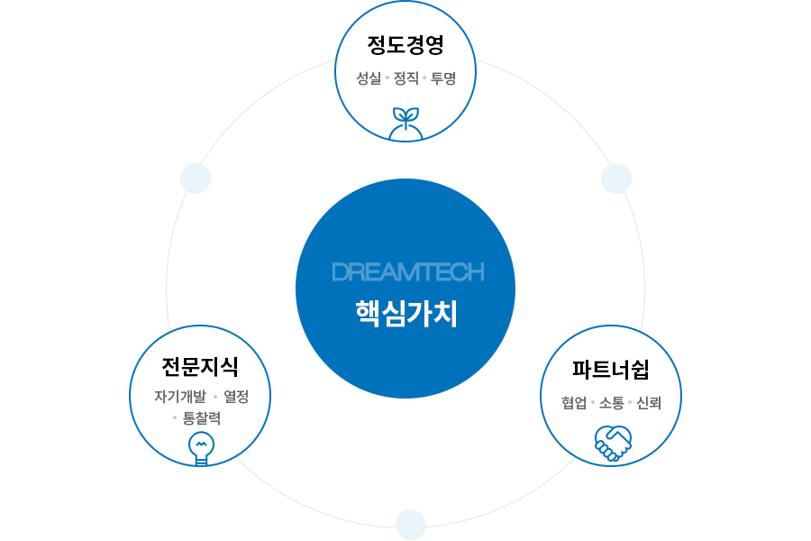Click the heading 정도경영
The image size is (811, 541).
(x=405, y=45)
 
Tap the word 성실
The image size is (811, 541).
(x=369, y=78)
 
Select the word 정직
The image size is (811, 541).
(x=406, y=78)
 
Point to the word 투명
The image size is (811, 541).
(x=442, y=78)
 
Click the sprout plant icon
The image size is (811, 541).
(x=405, y=124)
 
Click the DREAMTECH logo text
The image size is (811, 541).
(x=407, y=271)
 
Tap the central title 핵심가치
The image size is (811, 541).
(x=406, y=313)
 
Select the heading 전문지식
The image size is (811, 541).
(x=200, y=366)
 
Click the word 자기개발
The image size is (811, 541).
(x=180, y=397)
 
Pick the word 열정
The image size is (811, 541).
(x=236, y=397)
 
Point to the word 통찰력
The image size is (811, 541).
(x=201, y=418)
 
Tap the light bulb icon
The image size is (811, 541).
(x=200, y=447)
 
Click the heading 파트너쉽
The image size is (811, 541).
(x=611, y=370)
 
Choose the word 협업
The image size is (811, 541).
(x=574, y=403)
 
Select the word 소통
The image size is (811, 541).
(x=612, y=403)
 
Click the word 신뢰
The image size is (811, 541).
(x=649, y=403)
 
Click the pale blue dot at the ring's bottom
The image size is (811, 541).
(x=410, y=524)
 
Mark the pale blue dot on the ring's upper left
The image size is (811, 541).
(x=196, y=179)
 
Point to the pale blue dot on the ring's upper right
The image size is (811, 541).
(x=616, y=179)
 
